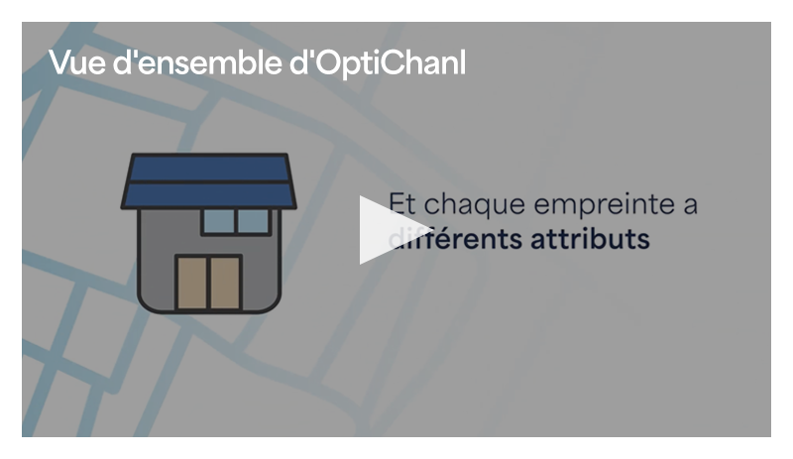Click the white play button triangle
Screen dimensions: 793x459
coord(387,230)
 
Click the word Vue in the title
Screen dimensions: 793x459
coord(76,63)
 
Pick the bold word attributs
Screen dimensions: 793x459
coord(590,239)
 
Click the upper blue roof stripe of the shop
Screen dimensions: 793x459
coord(208,168)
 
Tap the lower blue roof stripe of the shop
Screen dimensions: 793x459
coord(208,195)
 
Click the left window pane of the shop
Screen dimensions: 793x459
coord(219,221)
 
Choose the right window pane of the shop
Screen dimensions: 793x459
coord(254,221)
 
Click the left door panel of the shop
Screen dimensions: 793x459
coord(192,283)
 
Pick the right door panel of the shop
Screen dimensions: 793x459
coord(225,283)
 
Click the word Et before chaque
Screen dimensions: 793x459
coord(402,203)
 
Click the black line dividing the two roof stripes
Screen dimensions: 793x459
coord(208,181)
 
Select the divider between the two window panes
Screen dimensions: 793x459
coord(236,221)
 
